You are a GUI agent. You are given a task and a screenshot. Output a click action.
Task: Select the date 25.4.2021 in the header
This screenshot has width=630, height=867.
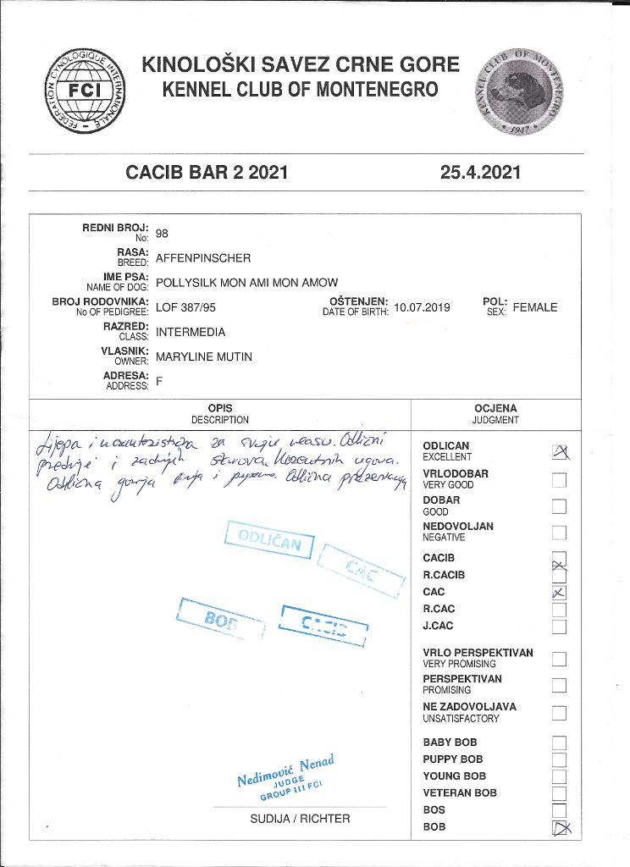click(x=480, y=173)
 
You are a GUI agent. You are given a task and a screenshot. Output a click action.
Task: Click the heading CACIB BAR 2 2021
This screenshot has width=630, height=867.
click(x=207, y=173)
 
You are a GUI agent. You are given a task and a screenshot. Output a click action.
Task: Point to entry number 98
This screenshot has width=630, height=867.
click(x=163, y=235)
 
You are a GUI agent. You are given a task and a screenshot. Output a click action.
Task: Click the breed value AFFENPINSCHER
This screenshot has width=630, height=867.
click(x=203, y=258)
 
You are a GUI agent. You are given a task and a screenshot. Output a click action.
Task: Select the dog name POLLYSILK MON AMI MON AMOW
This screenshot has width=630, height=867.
click(x=246, y=283)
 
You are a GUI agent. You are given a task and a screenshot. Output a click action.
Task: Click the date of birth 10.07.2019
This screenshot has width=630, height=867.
click(x=422, y=307)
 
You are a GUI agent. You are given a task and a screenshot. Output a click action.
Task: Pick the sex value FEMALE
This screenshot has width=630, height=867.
click(x=535, y=307)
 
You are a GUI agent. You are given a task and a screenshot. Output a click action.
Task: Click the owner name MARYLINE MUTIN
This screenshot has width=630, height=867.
click(x=204, y=356)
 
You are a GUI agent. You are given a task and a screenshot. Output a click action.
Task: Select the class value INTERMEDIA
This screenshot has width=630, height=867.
click(x=191, y=332)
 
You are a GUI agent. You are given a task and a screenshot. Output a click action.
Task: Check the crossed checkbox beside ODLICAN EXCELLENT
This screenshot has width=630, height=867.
click(x=559, y=452)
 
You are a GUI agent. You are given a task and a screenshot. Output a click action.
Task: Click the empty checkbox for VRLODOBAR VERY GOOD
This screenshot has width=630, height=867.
click(x=559, y=480)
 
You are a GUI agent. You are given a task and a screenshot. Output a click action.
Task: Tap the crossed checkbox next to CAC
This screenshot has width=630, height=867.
click(x=559, y=593)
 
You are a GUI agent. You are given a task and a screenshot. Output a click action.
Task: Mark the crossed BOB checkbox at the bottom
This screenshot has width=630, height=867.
click(x=559, y=828)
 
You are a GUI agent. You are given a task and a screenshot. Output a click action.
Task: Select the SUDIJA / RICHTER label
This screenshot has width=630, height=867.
click(x=300, y=819)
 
